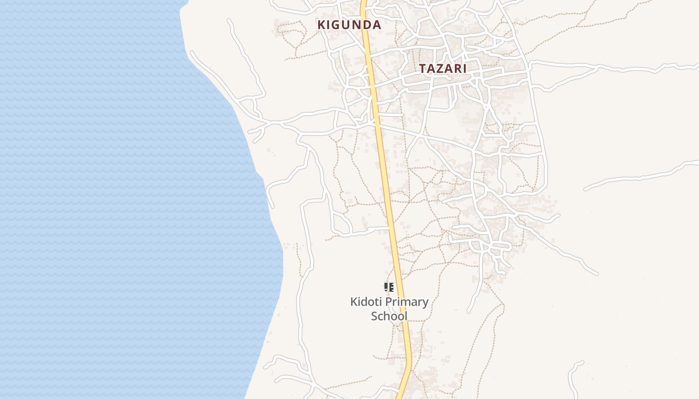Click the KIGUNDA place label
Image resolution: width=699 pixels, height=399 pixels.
349,24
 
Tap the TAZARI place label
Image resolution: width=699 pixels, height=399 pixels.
443,69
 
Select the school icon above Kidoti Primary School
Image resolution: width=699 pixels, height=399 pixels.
388,287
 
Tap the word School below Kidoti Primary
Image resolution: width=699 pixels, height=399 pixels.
389,316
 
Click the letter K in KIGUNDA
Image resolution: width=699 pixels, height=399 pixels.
323,24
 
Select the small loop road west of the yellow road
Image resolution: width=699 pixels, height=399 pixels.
343,221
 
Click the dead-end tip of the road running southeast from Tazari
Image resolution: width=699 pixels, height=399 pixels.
596,273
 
